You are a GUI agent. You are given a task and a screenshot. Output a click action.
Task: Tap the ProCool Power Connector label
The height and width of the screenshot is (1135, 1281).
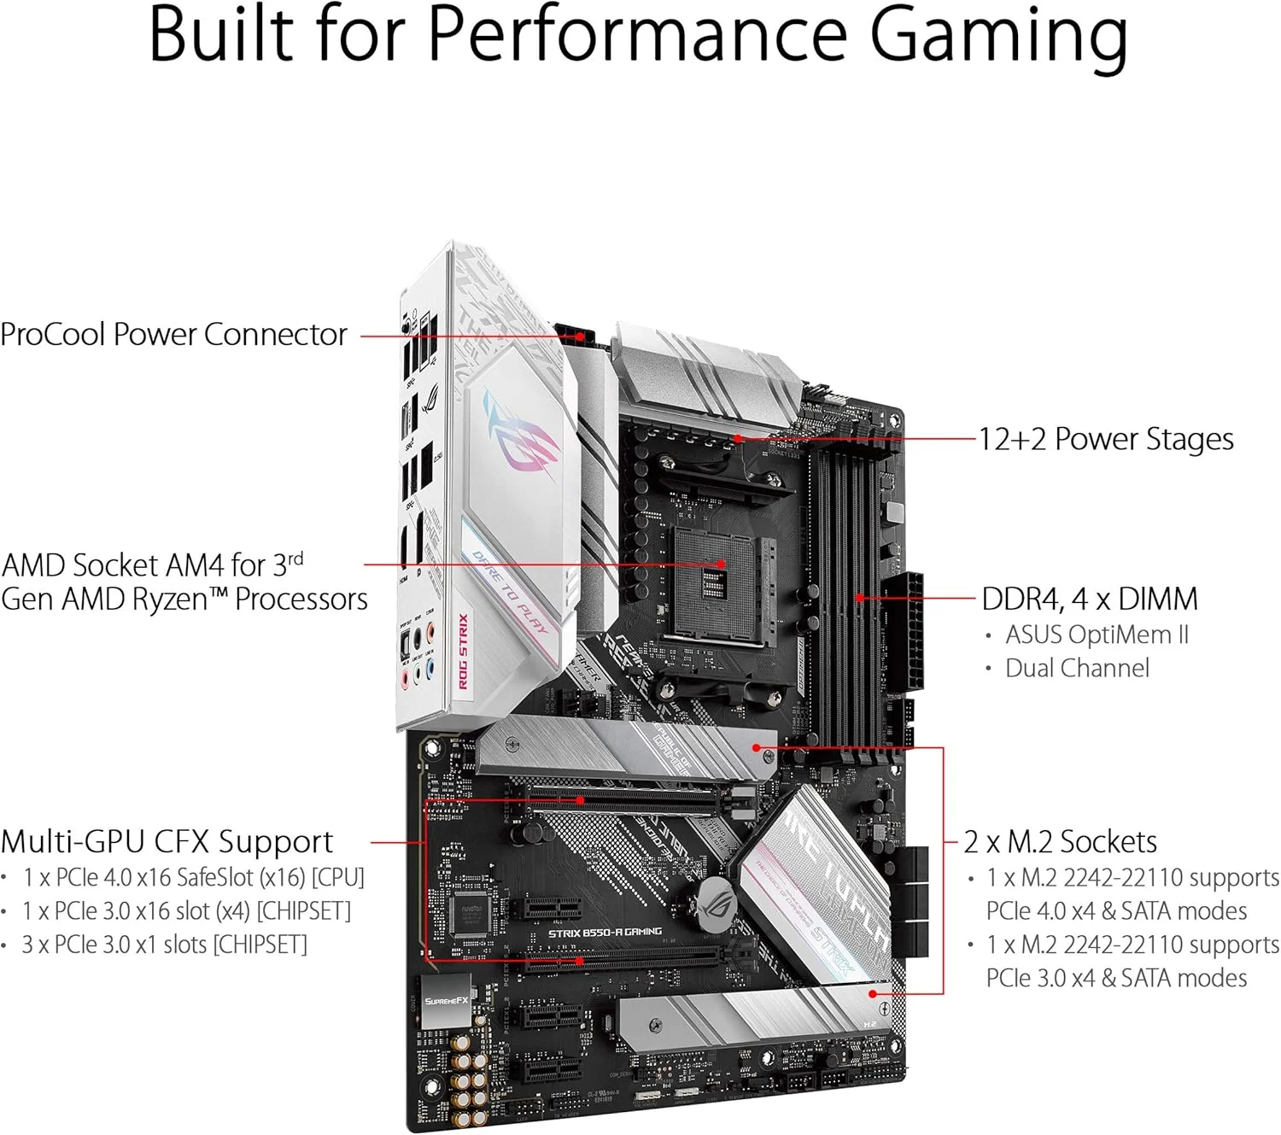[x=173, y=335]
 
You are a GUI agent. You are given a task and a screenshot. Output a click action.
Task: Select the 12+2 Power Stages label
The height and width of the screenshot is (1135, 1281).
[x=1105, y=439]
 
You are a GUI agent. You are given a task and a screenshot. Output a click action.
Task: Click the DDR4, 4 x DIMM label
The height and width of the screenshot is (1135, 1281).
[x=1089, y=599]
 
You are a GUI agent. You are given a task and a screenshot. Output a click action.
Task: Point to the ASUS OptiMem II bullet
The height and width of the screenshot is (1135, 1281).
[x=1096, y=635]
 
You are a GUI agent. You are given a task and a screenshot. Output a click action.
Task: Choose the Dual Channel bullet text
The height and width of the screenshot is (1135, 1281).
[x=1077, y=668]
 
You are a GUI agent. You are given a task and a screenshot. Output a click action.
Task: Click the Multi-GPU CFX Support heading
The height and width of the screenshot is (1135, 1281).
[x=167, y=842]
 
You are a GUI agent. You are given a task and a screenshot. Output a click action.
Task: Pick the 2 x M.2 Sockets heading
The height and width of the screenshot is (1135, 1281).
[x=1060, y=842]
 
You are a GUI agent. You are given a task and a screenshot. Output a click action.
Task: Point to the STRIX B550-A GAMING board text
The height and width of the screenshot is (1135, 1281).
[x=605, y=932]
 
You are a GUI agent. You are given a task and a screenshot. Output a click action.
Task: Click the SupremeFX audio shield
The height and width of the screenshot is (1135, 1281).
[x=447, y=1000]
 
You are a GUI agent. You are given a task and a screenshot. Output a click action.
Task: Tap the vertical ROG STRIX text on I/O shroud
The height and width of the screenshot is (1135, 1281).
[x=462, y=651]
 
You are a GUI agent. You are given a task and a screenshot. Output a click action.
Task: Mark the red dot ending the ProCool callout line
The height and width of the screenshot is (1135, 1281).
[x=581, y=336]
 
